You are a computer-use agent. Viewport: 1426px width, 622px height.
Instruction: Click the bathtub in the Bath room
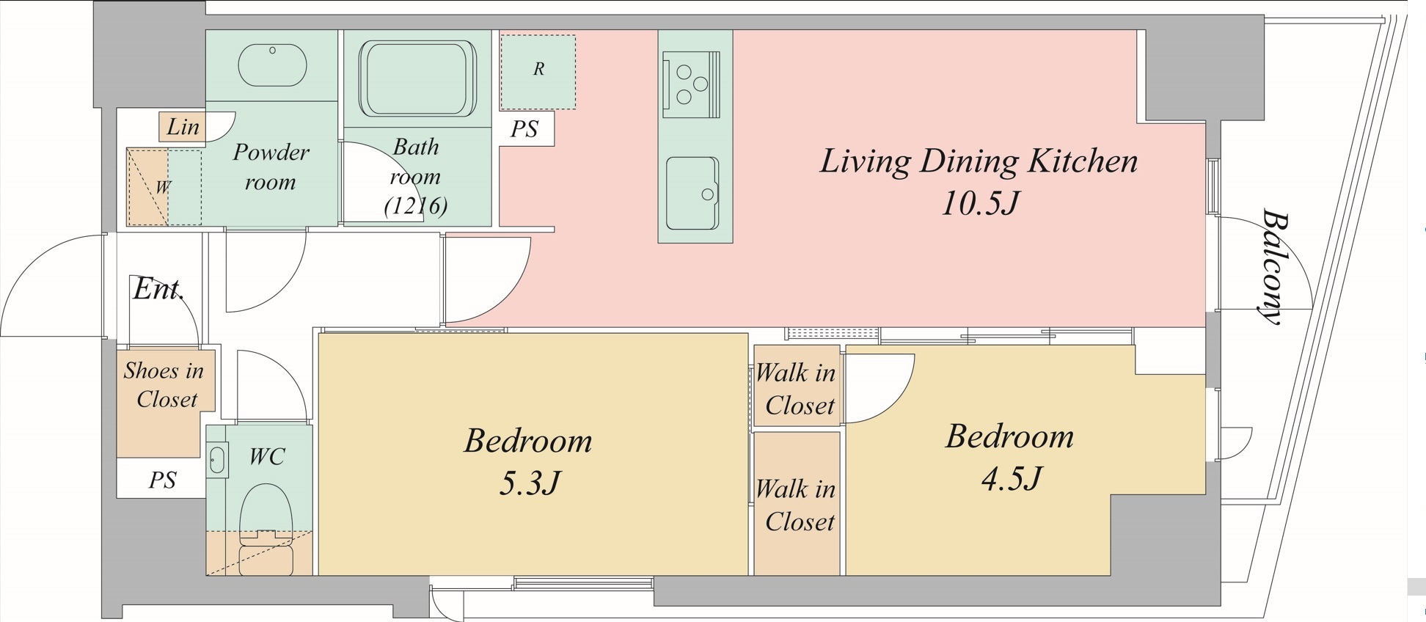click(417, 78)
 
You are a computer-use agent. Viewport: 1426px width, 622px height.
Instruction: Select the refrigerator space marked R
click(538, 71)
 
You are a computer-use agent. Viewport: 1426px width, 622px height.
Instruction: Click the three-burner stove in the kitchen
click(691, 84)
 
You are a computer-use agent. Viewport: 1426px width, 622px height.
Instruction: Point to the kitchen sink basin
click(692, 193)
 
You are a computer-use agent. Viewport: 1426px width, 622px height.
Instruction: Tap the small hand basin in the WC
click(217, 461)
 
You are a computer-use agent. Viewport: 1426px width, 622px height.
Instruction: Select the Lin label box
click(182, 127)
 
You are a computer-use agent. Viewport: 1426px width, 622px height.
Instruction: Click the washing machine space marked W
click(164, 187)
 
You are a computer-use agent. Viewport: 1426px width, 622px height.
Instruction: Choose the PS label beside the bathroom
click(524, 129)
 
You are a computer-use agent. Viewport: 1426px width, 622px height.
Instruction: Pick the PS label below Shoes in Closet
click(163, 480)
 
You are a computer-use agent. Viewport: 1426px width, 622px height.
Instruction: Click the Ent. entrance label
click(158, 289)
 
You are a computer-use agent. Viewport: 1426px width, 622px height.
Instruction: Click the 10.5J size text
click(980, 202)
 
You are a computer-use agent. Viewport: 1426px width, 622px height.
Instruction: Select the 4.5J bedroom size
click(1012, 478)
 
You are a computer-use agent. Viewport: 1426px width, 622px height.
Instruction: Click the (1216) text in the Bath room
click(416, 206)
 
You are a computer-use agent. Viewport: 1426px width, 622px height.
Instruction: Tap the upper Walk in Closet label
click(797, 389)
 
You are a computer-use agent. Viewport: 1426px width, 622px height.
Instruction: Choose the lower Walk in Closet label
click(797, 505)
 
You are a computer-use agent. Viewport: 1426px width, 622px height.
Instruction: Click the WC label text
click(266, 456)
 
